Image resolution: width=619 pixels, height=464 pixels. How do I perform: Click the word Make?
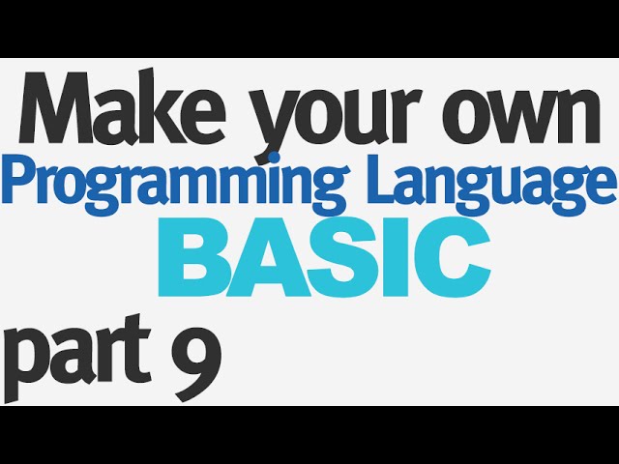[x=123, y=107]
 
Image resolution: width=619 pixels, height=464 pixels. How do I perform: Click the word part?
[x=77, y=359]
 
